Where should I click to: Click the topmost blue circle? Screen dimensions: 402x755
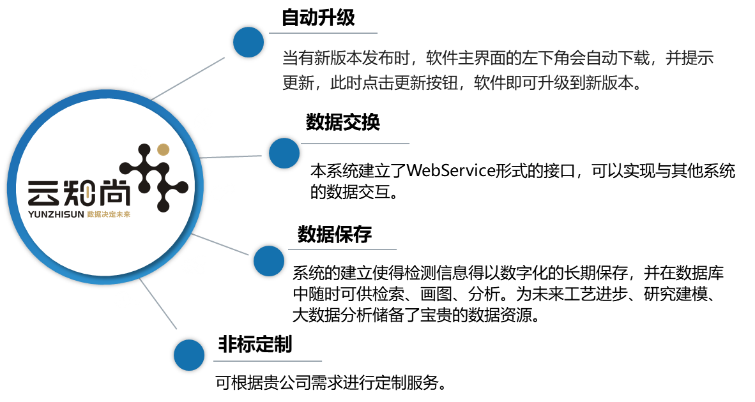click(x=248, y=42)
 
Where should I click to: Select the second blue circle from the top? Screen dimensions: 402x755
click(x=284, y=153)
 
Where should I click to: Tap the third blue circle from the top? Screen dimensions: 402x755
click(x=269, y=261)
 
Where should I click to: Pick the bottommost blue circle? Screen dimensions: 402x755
click(x=189, y=355)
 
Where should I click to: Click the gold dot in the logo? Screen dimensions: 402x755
click(x=164, y=149)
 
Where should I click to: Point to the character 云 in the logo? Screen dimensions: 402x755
click(x=43, y=193)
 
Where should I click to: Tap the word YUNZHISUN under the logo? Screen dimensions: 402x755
click(x=56, y=215)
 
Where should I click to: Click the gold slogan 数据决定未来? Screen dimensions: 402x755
click(x=109, y=215)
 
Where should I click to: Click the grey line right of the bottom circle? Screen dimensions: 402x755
click(x=268, y=361)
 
